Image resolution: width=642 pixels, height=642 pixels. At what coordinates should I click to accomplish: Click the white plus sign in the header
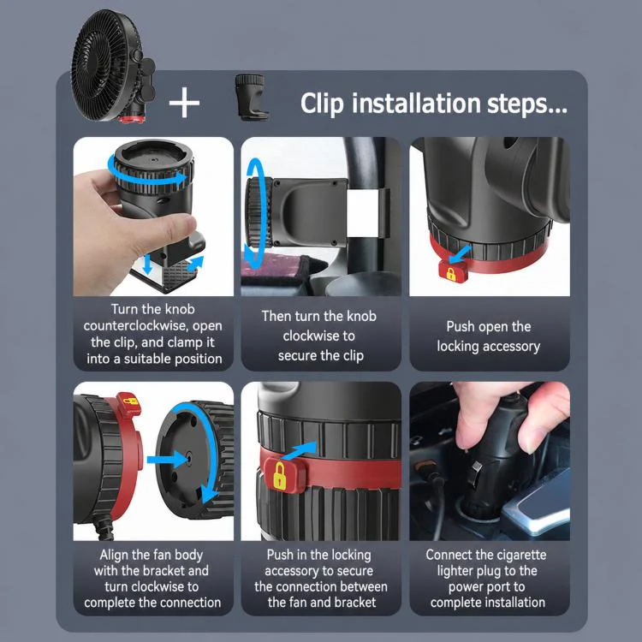click(184, 103)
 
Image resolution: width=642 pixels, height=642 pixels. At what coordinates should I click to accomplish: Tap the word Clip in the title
click(322, 104)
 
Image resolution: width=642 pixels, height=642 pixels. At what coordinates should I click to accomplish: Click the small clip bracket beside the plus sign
click(251, 97)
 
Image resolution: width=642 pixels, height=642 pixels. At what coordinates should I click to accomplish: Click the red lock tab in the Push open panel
click(453, 271)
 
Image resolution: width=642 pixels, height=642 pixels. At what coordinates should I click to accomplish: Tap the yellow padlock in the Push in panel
click(279, 475)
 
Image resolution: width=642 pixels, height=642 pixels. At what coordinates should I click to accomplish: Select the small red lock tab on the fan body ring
click(128, 404)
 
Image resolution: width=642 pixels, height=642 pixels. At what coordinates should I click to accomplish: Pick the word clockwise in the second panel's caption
click(318, 336)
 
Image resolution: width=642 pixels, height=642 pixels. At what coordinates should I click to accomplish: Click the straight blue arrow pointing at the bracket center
click(167, 460)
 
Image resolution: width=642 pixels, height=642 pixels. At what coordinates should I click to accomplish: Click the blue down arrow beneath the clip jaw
click(147, 265)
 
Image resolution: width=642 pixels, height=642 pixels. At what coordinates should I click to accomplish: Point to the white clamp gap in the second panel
click(363, 213)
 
